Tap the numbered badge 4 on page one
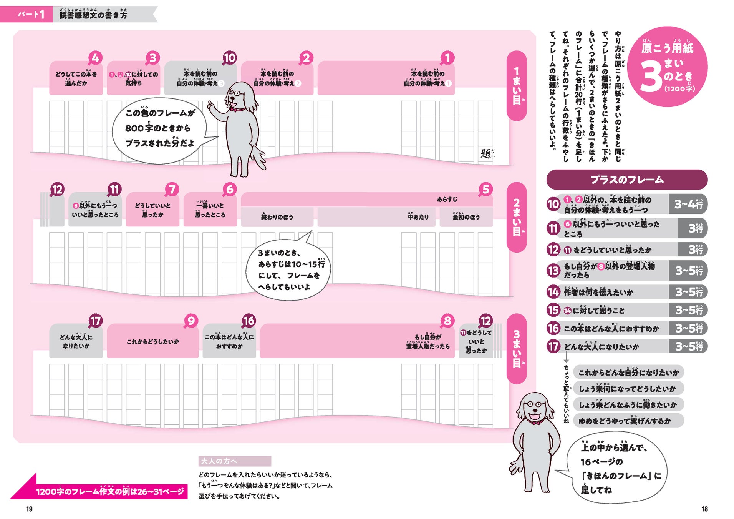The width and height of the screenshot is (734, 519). pos(95,58)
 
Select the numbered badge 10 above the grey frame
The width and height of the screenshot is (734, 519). pos(229,58)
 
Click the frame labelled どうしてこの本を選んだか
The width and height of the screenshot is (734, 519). pos(76,78)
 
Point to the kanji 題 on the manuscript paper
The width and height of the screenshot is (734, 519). pos(485,154)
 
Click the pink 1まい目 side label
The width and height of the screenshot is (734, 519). pos(517,86)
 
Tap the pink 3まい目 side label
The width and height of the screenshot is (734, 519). pos(517,348)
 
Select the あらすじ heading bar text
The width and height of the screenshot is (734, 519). pos(447,199)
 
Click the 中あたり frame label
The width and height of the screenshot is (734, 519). pos(418,217)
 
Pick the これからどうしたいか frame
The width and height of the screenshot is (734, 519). pos(152,341)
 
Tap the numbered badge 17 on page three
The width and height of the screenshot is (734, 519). pos(95,321)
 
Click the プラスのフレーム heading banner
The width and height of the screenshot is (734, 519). pos(626,180)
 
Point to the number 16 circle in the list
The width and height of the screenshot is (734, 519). pos(553,328)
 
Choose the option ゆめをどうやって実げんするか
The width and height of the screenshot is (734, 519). pos(625,421)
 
